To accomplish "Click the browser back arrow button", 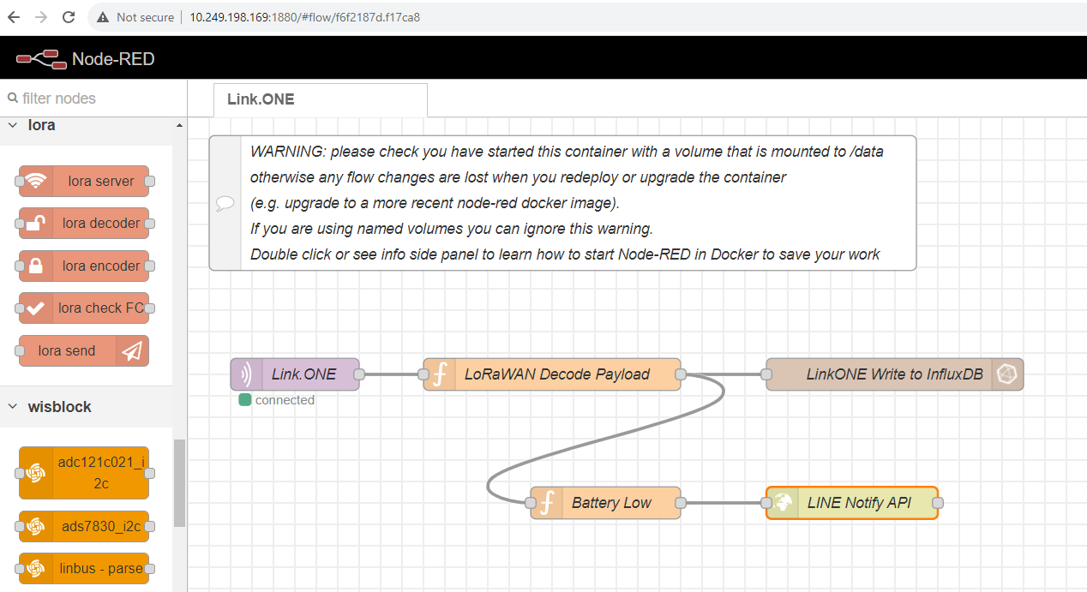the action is click(x=14, y=17).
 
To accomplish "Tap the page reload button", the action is click(x=69, y=17).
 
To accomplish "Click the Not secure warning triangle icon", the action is click(x=102, y=17).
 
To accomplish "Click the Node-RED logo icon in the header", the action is click(x=41, y=59).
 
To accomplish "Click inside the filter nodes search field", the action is click(x=94, y=99).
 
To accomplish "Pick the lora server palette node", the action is click(x=84, y=181).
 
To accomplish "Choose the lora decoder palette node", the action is click(x=84, y=223).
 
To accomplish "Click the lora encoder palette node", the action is click(x=84, y=266).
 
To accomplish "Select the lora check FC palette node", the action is click(x=84, y=308).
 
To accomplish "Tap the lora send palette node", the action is click(x=84, y=350).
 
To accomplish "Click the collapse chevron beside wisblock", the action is click(x=13, y=406).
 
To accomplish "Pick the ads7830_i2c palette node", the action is click(x=84, y=526).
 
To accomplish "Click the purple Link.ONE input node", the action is click(x=295, y=374).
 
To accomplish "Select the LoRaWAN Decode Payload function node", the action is click(x=552, y=374).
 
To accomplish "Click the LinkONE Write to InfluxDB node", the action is click(x=895, y=374).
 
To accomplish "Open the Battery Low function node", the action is click(x=605, y=503).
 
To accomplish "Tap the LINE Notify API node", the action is click(x=852, y=503).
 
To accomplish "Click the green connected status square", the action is click(x=245, y=400).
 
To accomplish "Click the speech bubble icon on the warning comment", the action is click(x=225, y=203).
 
